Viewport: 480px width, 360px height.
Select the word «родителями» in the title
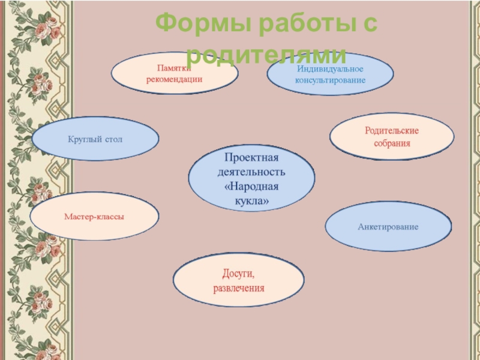266,55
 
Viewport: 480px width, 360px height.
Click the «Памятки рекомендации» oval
175,73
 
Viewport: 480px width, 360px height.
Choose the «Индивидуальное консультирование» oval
330,74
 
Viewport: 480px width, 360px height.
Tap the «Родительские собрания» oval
392,136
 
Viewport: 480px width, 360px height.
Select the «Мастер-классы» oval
94,216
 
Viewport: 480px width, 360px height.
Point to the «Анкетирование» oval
388,227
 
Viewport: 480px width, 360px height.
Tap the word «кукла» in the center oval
252,202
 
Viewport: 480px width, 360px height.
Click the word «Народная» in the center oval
251,187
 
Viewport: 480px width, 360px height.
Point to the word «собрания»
392,143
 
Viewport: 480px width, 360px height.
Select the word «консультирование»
330,80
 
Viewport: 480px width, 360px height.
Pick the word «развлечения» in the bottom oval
239,288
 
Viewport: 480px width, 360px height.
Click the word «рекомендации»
175,79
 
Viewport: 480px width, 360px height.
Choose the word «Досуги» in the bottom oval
238,274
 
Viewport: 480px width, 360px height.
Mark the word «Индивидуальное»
330,68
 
